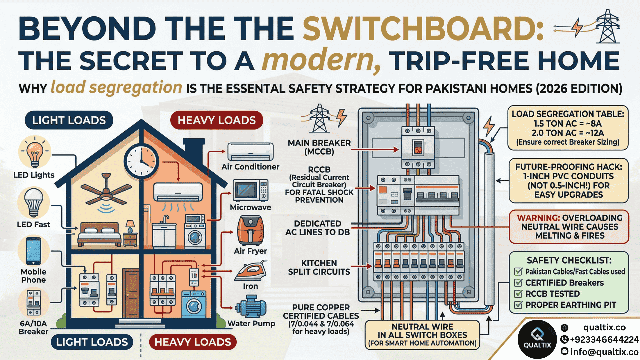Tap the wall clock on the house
pyautogui.click(x=141, y=161)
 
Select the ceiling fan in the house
pyautogui.click(x=106, y=193)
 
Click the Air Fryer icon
pyautogui.click(x=250, y=230)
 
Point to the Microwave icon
pyautogui.click(x=250, y=190)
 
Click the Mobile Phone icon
pyautogui.click(x=33, y=251)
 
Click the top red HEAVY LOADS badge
pyautogui.click(x=217, y=120)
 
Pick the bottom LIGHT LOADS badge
pyautogui.click(x=92, y=342)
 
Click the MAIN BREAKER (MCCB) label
pyautogui.click(x=319, y=147)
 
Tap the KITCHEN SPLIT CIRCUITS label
pyautogui.click(x=319, y=267)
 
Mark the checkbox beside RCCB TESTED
pyautogui.click(x=518, y=294)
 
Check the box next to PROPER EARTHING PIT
pyautogui.click(x=518, y=305)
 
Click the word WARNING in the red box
pyautogui.click(x=538, y=218)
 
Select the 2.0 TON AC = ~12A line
pyautogui.click(x=568, y=133)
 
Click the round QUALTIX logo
pyautogui.click(x=537, y=339)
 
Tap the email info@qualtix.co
pyautogui.click(x=604, y=352)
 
